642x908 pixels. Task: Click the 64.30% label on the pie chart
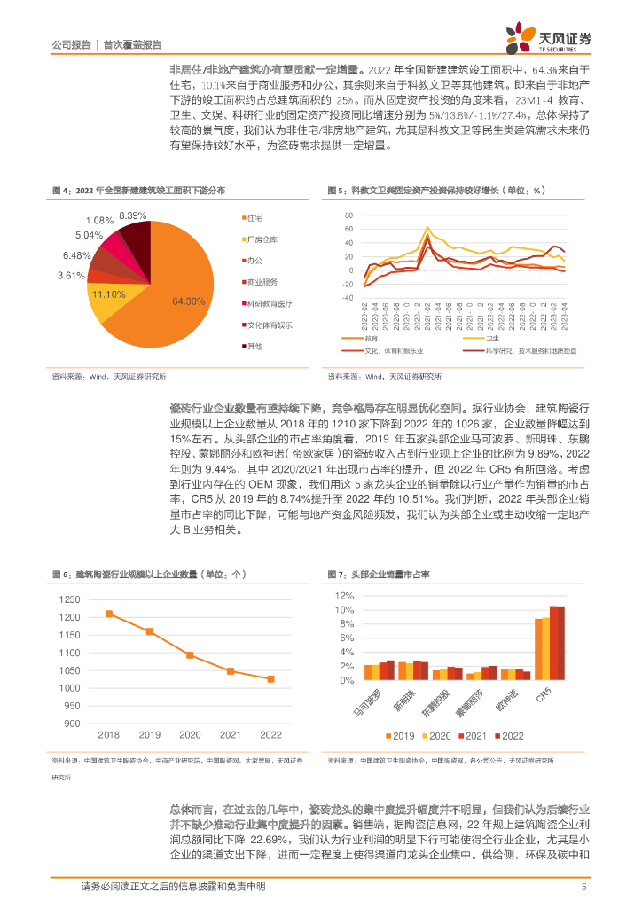189,301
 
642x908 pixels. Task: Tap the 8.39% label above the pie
132,215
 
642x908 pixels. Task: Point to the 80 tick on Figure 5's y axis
348,215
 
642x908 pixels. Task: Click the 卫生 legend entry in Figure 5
493,339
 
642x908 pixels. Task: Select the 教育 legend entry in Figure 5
372,339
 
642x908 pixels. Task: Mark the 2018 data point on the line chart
109,614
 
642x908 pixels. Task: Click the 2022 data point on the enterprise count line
270,679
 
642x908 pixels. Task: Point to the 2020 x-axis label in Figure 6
190,734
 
